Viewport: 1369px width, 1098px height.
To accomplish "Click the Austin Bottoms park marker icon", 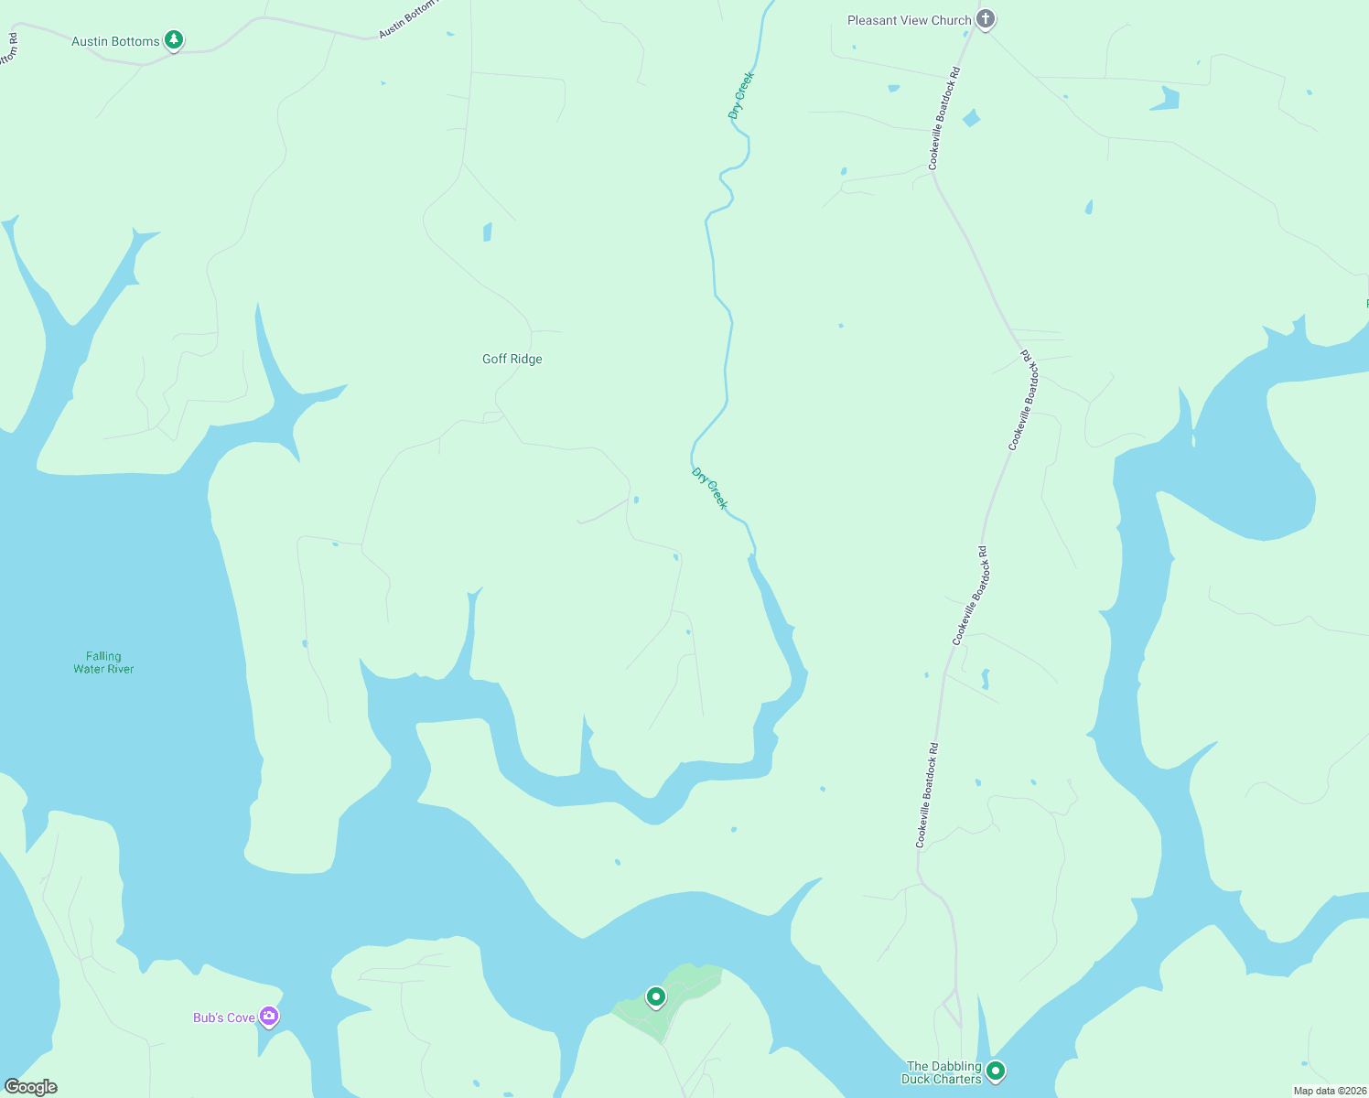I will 174,40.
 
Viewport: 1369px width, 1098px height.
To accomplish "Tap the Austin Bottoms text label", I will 115,41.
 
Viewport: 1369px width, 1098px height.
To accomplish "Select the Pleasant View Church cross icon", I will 985,19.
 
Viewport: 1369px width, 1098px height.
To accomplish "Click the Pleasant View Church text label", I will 909,20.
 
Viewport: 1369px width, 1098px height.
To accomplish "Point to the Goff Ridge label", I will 512,359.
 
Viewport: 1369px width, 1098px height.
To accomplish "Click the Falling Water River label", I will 103,662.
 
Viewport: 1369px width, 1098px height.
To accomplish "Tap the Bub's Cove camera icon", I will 269,1017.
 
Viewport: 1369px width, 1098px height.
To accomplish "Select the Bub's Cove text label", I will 224,1017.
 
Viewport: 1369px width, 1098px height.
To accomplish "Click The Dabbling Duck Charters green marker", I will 996,1070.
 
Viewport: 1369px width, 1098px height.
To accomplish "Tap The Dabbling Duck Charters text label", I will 943,1072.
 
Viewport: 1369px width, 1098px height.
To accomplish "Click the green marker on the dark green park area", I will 655,996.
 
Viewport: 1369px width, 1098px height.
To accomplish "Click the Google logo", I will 31,1087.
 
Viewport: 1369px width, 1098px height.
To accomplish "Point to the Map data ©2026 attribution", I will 1329,1091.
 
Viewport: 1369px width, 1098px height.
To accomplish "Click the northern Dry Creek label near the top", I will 740,95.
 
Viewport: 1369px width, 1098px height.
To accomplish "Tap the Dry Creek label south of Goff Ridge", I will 710,489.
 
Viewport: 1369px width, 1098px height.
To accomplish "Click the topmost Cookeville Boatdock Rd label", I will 944,118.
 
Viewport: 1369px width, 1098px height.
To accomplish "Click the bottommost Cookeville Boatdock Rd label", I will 927,794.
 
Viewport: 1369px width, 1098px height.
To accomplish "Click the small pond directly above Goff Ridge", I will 488,231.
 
